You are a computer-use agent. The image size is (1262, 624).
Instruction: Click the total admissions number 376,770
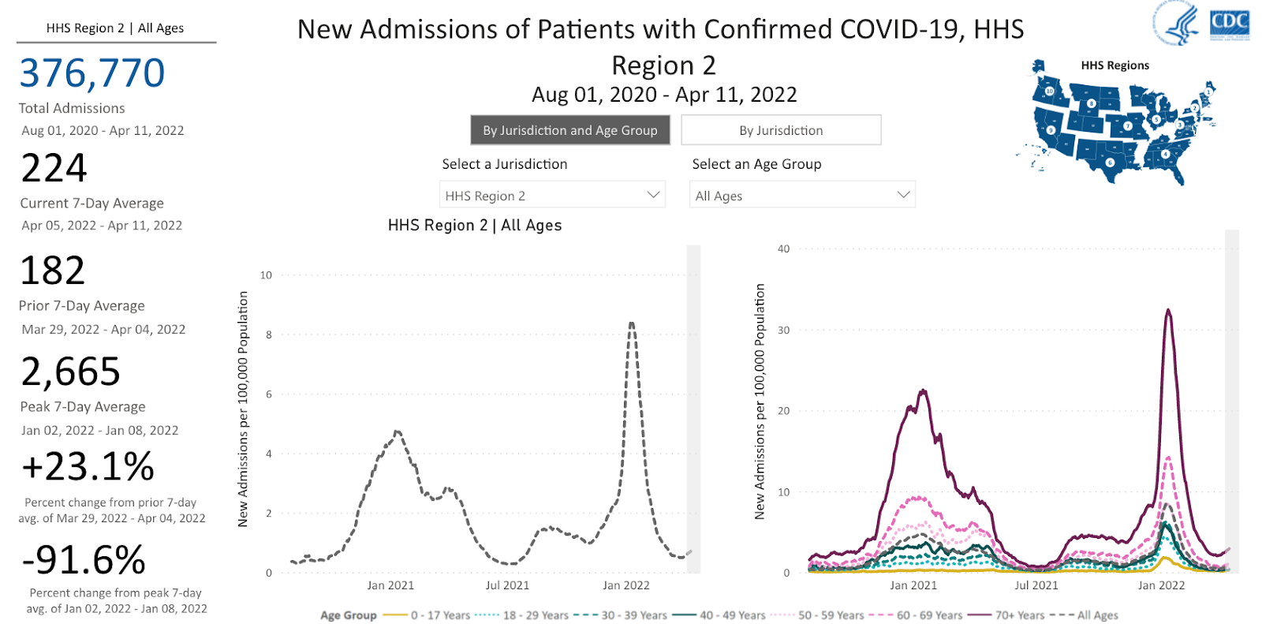tap(92, 73)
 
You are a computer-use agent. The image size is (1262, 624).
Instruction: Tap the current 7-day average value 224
tap(54, 168)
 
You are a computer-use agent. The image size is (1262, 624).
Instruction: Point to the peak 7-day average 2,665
tap(71, 372)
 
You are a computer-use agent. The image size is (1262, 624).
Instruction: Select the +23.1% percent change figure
tap(88, 466)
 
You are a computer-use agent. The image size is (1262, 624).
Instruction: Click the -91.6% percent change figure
tap(84, 560)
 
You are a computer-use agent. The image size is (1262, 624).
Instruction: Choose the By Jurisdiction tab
tap(781, 130)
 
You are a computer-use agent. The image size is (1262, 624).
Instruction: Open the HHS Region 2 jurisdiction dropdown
tap(552, 195)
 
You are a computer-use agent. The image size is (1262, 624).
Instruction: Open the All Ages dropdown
tap(803, 195)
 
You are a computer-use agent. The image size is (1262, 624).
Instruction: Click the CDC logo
tap(1229, 23)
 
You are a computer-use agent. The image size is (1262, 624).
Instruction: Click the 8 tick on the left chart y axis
tap(269, 334)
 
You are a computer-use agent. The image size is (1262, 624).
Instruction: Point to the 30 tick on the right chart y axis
tap(783, 331)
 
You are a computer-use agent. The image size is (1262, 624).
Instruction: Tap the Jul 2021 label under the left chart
tap(507, 585)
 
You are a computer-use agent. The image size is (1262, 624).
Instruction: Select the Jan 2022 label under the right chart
tap(1161, 585)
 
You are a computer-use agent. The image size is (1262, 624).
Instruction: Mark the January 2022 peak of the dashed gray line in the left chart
tap(632, 323)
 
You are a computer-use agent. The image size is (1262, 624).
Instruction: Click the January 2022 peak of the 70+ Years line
tap(1168, 310)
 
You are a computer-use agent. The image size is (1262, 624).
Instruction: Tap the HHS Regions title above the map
tap(1115, 65)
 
